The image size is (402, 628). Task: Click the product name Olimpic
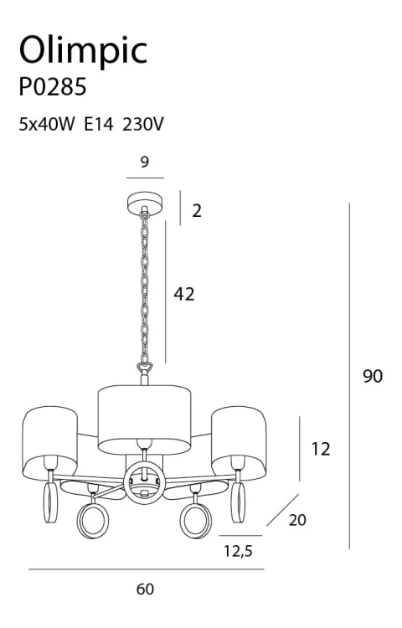83,51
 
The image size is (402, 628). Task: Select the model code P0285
53,86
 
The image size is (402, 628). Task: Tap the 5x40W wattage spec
47,124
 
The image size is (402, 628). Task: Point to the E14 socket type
99,124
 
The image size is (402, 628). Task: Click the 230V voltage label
143,124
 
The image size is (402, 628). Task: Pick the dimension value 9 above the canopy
145,162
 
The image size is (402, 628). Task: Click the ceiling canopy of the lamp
145,202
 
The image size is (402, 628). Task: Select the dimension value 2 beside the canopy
197,211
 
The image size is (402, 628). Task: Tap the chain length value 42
183,294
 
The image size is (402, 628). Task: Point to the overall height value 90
373,376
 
